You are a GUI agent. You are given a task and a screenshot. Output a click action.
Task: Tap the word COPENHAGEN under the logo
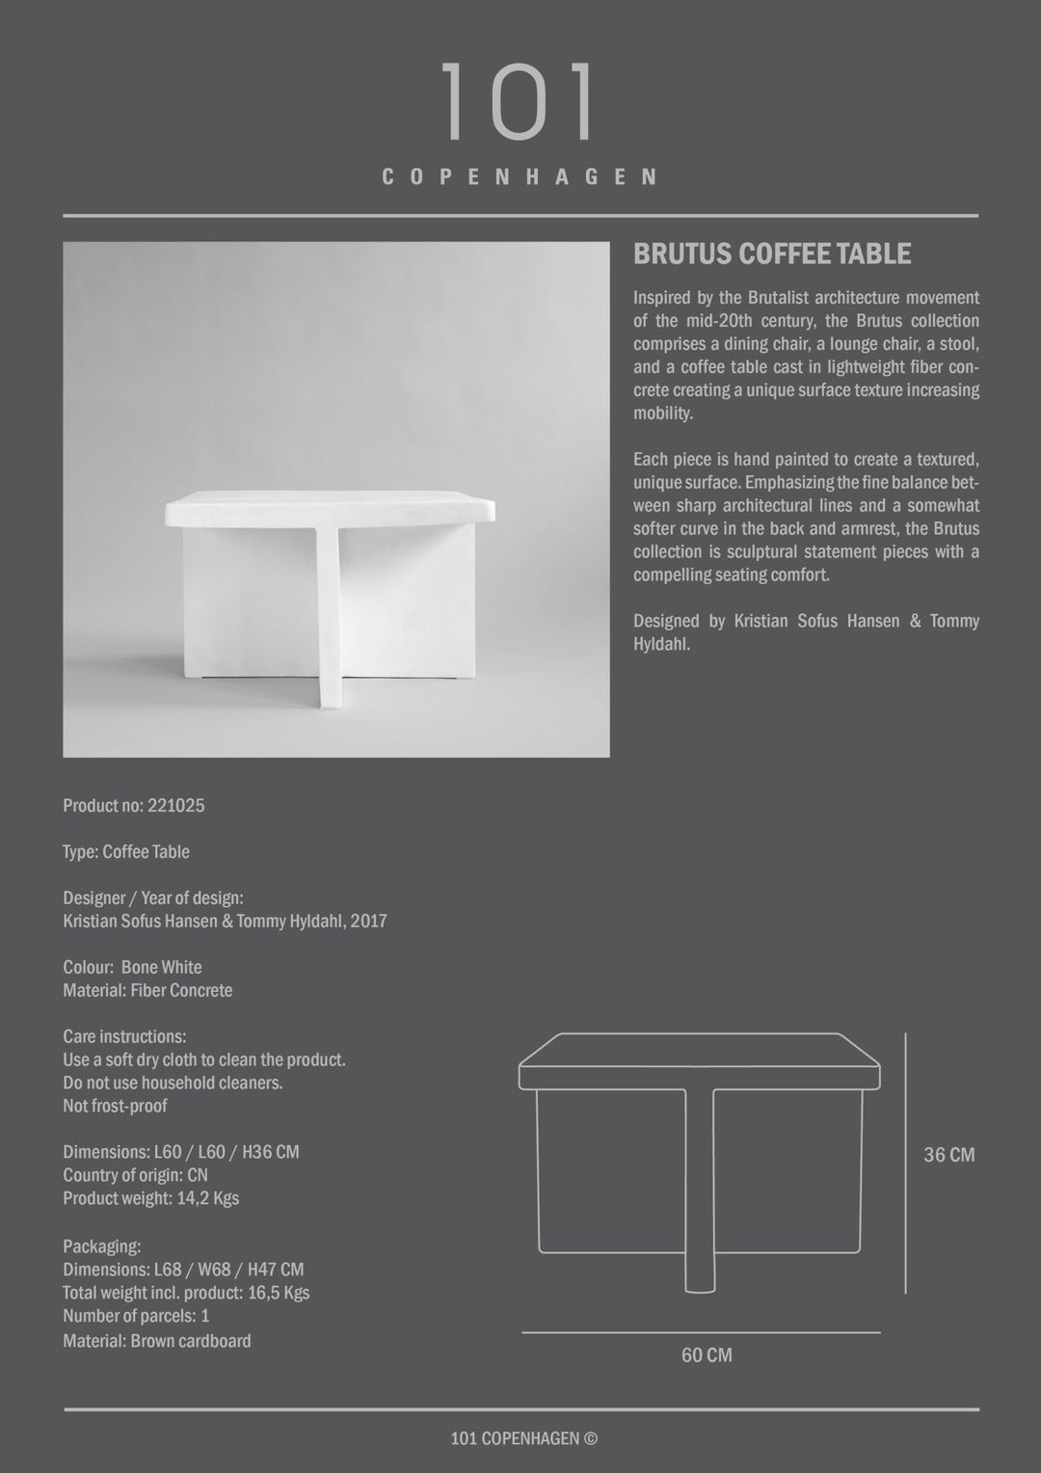tap(520, 177)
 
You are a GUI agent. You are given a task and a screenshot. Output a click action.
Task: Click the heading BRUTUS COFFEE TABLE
tap(772, 254)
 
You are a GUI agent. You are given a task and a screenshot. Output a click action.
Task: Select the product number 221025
tap(176, 806)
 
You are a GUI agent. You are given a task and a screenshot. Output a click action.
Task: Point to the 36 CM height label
tap(948, 1155)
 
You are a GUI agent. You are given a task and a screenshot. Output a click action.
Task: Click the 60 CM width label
tap(707, 1355)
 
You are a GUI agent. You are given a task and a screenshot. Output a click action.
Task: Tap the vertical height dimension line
tap(905, 1164)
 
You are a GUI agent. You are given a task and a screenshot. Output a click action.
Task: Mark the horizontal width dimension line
tap(701, 1332)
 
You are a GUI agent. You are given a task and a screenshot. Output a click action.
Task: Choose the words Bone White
tap(162, 968)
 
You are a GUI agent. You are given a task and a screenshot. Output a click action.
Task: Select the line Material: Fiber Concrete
tap(147, 991)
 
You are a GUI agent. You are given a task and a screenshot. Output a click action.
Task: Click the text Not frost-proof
tap(115, 1107)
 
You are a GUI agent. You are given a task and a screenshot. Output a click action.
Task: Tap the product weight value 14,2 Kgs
tap(208, 1199)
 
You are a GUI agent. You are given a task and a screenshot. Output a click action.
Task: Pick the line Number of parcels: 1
tap(136, 1317)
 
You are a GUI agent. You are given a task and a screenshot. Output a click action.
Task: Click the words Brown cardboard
tap(191, 1341)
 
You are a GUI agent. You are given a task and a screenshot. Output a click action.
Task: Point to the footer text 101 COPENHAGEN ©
tap(524, 1439)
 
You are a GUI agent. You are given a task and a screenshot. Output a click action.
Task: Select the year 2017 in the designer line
tap(369, 922)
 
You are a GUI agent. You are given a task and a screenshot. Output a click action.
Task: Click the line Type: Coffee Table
tap(126, 852)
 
